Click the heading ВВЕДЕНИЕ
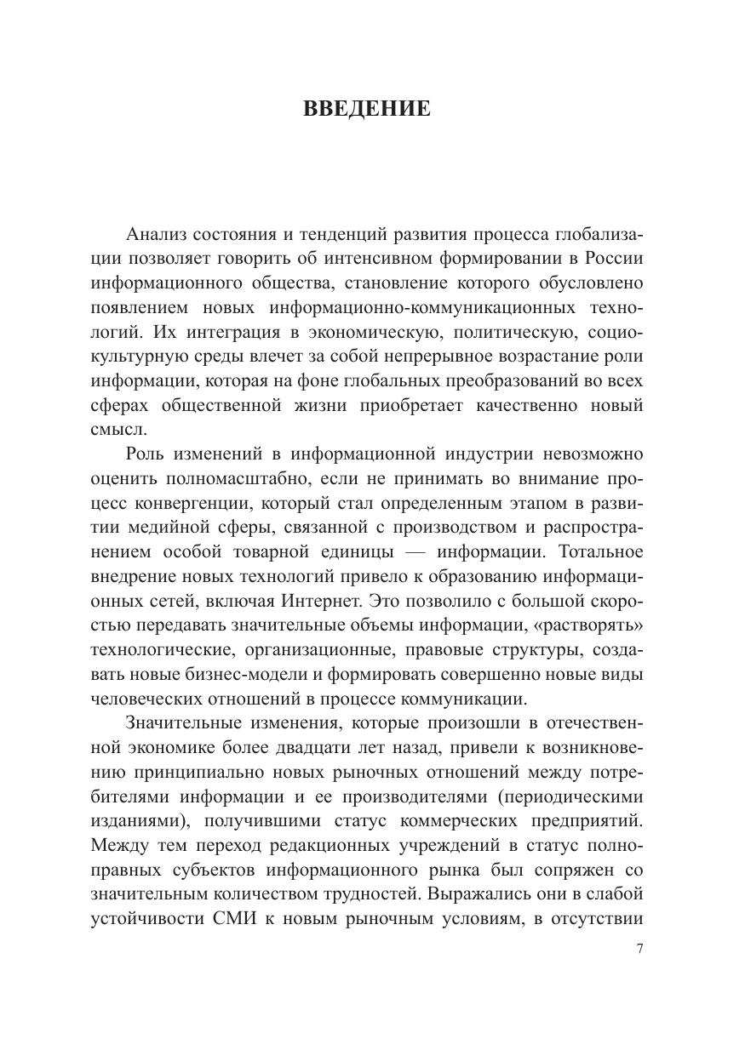[x=367, y=110]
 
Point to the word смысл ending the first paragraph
[x=112, y=429]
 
